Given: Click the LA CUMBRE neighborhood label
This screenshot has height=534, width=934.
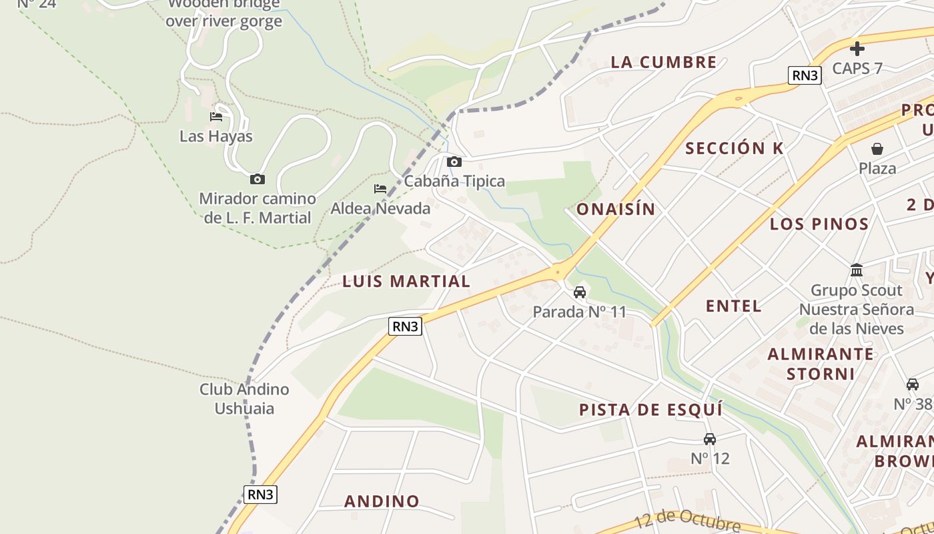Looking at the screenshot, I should (664, 63).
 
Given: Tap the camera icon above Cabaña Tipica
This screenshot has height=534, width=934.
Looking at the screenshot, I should (454, 162).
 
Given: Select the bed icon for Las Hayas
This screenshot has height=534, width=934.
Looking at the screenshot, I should (216, 117).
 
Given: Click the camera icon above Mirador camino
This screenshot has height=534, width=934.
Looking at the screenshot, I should (257, 179).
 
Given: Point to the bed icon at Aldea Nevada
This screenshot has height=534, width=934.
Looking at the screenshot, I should (380, 189).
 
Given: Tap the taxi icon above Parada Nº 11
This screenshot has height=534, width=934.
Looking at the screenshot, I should (580, 292).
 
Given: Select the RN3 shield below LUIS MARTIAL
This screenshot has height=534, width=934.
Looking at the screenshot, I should (406, 326).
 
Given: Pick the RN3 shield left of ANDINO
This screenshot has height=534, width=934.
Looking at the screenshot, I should (260, 495).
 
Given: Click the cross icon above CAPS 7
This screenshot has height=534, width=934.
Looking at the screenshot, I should (857, 48).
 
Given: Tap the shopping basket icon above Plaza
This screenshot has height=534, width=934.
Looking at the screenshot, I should (877, 149).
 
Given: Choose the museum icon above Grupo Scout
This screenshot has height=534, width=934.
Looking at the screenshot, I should (857, 270).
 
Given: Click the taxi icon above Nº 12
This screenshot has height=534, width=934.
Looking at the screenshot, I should (710, 439).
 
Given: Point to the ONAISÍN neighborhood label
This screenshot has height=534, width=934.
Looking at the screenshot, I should (616, 210).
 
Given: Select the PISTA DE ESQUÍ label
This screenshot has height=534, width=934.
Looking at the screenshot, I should (650, 410).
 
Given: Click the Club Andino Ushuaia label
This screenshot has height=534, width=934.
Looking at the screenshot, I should (244, 398).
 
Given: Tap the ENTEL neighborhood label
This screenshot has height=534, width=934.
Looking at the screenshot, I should (734, 306).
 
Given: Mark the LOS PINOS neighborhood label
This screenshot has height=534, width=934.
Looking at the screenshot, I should (819, 224).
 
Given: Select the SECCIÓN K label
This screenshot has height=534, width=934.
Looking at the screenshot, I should (735, 149).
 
